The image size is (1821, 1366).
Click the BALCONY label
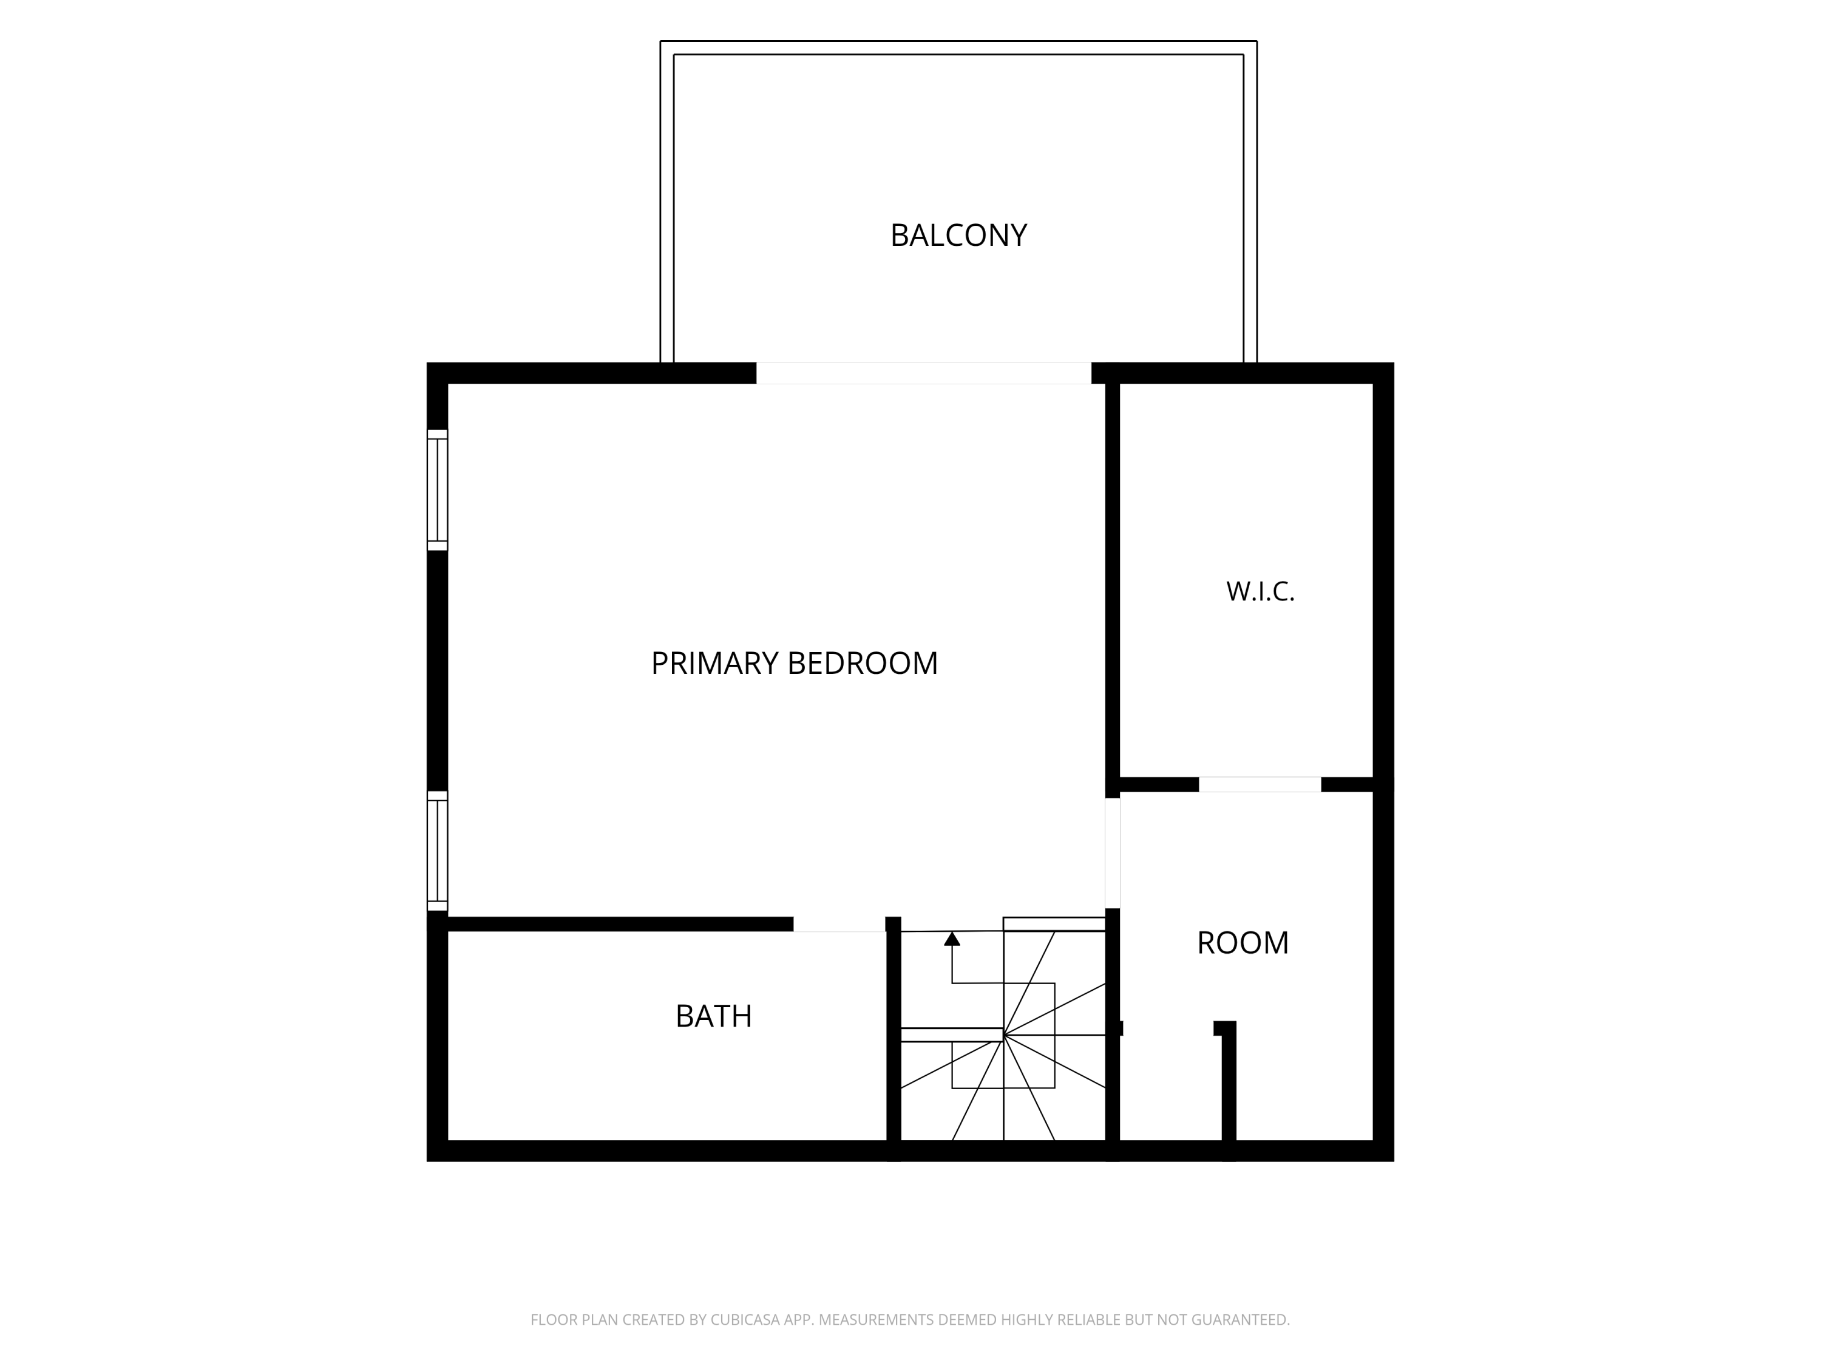coord(958,236)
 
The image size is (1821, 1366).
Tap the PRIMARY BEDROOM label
coord(795,663)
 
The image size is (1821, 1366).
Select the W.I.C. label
coord(1260,591)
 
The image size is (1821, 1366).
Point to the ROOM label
coord(1243,943)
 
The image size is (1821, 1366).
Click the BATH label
coord(714,1016)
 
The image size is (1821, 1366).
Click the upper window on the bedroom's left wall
coord(437,490)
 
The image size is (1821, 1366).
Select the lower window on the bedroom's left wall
coord(437,851)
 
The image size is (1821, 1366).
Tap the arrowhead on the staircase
coord(952,939)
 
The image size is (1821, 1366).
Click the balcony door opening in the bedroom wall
coord(924,373)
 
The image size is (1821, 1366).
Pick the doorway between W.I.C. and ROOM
coord(1260,784)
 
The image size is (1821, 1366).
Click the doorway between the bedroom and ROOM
coord(1112,853)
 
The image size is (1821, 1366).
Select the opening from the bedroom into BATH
coord(839,924)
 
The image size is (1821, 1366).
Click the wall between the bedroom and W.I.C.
coord(1112,580)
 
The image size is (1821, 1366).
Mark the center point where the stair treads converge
coord(1003,1035)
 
